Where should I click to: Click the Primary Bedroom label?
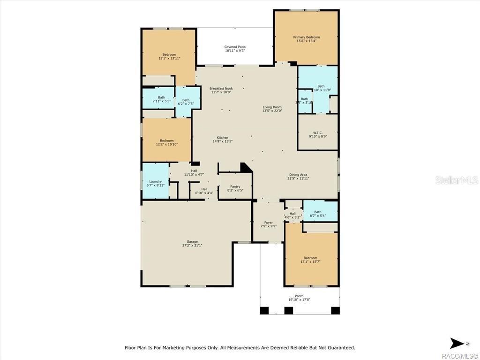pos(306,37)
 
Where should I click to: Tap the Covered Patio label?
pos(234,47)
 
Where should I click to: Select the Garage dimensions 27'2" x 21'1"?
pos(192,246)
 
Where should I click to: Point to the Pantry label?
pos(235,187)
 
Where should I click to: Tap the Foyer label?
pos(268,223)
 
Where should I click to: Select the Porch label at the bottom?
pos(299,296)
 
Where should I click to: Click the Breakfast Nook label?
pos(221,88)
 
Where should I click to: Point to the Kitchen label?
pos(222,137)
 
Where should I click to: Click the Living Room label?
pos(272,107)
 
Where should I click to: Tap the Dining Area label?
pos(298,174)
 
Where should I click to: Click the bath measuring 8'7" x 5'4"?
pos(320,214)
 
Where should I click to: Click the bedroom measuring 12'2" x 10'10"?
pos(166,142)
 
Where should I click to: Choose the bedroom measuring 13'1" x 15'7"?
pos(310,260)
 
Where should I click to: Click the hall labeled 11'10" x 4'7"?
pos(194,172)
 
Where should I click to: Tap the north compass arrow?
pos(456,343)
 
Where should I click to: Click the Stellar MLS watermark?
pos(456,180)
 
